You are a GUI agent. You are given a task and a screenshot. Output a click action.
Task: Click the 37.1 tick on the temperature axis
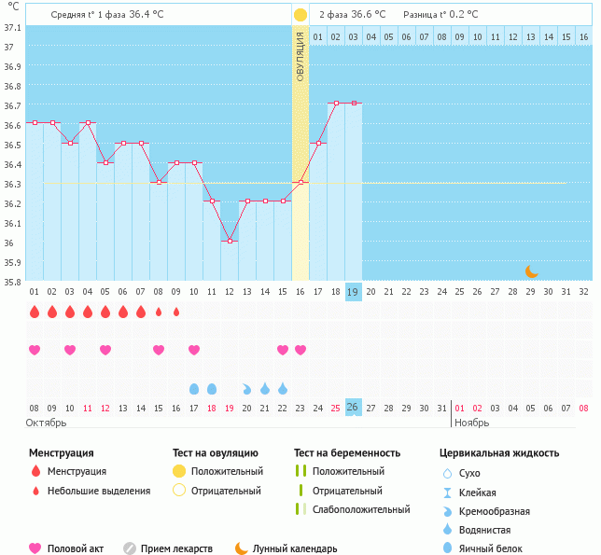[12, 28]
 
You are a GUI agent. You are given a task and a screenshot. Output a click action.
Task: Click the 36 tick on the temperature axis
[12, 243]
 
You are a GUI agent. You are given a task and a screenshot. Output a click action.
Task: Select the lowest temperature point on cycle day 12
[230, 241]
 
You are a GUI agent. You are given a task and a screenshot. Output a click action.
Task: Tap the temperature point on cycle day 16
[300, 182]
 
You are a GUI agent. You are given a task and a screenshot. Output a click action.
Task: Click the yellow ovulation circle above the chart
[300, 15]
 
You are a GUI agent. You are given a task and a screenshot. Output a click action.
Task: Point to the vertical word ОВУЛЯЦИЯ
[300, 57]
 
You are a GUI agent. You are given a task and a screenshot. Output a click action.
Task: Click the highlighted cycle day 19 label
[353, 291]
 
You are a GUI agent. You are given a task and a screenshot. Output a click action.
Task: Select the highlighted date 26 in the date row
[353, 408]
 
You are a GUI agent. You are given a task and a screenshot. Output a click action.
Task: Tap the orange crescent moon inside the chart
[531, 271]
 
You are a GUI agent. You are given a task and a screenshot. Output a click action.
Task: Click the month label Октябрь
[47, 423]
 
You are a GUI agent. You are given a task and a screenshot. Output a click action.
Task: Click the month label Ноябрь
[471, 423]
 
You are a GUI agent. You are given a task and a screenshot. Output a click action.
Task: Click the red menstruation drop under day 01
[35, 312]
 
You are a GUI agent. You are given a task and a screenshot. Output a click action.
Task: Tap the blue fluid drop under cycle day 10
[194, 388]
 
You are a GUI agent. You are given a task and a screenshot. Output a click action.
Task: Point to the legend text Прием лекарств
[176, 549]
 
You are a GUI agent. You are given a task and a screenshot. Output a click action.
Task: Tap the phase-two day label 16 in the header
[583, 36]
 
